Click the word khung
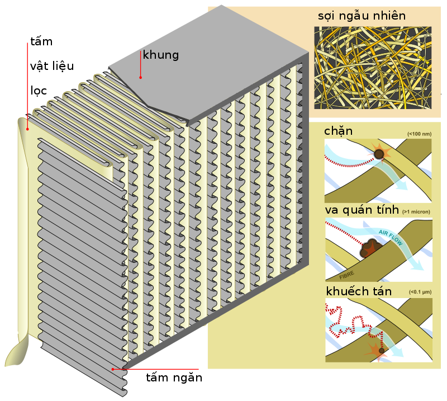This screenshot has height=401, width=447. coord(161,55)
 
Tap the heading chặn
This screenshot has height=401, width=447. coord(338,131)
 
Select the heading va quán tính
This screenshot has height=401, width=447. coord(362,210)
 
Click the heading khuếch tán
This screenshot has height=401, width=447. coord(358,291)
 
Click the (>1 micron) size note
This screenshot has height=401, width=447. coord(417,213)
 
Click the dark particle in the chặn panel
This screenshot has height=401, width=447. coord(380,153)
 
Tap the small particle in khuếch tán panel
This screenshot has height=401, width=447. coord(382,351)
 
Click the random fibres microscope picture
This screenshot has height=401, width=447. coord(372,68)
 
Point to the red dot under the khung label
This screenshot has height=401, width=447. coord(141,77)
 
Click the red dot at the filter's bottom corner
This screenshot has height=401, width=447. coord(113,369)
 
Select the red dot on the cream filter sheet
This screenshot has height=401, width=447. coord(27,129)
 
